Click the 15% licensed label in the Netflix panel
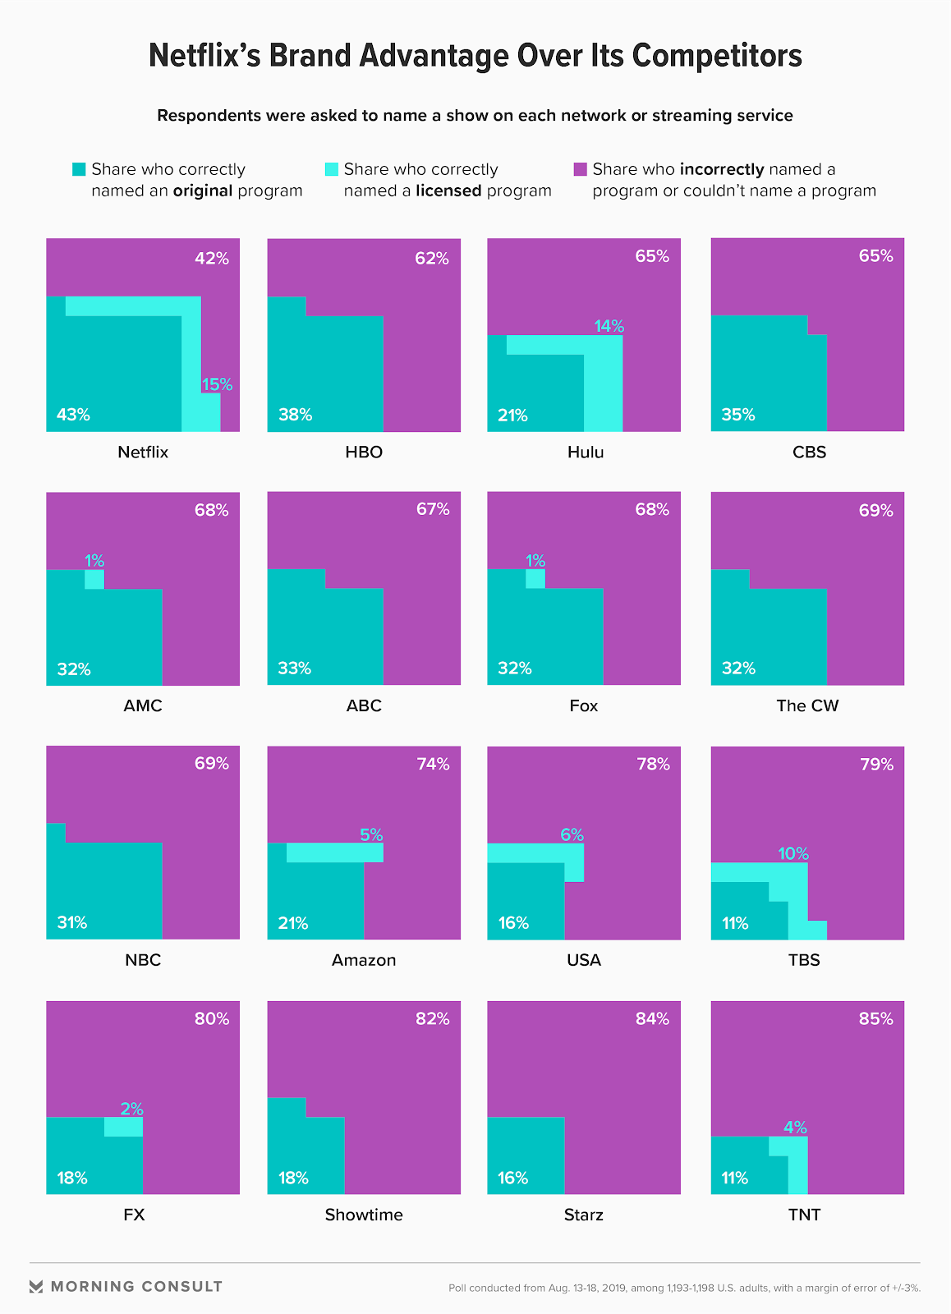tap(217, 384)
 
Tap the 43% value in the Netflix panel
tap(73, 415)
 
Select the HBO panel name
tap(364, 452)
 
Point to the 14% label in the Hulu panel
tap(609, 326)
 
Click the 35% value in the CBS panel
tap(737, 415)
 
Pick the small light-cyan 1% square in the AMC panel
tap(94, 579)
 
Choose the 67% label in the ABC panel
tap(433, 509)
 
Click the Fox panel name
tap(584, 705)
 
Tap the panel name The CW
tap(807, 705)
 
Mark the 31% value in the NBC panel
tap(72, 922)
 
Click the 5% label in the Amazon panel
tap(371, 834)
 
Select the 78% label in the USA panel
tap(653, 764)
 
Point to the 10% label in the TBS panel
tap(793, 853)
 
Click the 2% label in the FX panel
tap(131, 1109)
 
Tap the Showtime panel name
tap(364, 1215)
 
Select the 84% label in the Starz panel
tap(652, 1018)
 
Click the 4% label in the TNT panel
tap(795, 1127)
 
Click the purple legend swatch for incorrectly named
tap(580, 169)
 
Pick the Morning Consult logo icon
tap(36, 1286)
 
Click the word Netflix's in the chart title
tap(204, 56)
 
